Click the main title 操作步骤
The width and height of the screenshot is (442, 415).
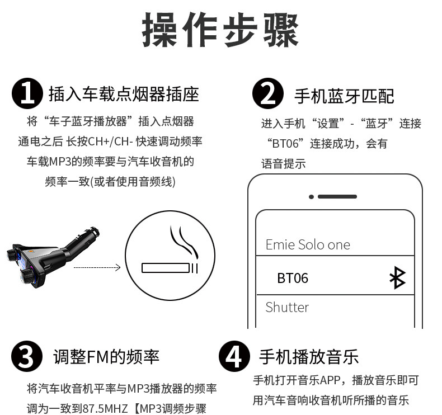[220, 30]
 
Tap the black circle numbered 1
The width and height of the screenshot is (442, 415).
[27, 94]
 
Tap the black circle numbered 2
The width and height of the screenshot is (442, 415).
[268, 93]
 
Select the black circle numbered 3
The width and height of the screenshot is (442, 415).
[27, 356]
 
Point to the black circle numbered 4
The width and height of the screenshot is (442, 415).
[234, 356]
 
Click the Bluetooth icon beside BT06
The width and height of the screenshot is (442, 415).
[398, 277]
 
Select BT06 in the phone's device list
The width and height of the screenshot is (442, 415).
[293, 278]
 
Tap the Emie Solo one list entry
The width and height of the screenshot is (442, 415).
[308, 244]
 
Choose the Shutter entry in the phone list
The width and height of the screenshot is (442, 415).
[287, 307]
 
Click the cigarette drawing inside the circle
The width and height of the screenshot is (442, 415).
[170, 268]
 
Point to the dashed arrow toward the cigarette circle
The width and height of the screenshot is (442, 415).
[97, 267]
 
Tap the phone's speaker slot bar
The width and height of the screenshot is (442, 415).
[337, 197]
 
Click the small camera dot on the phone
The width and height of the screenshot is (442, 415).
[311, 197]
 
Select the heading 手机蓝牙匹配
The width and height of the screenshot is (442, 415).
[344, 96]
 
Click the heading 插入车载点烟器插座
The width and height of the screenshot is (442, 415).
[124, 94]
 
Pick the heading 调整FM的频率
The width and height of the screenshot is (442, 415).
[106, 357]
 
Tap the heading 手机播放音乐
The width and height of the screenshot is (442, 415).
[309, 357]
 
